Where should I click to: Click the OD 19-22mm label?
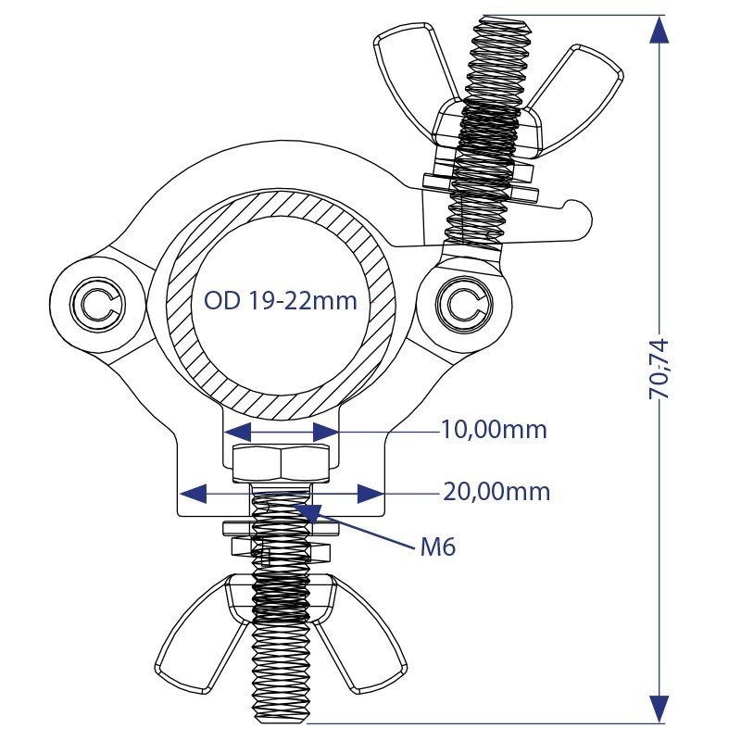tap(281, 300)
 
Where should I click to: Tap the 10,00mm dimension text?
tap(494, 430)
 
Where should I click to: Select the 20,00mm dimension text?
tap(496, 492)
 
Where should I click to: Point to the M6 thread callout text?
tap(438, 547)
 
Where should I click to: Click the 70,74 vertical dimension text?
tap(659, 369)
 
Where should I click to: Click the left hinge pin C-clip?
tap(98, 304)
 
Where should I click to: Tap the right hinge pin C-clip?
tap(465, 304)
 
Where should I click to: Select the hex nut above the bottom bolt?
tap(282, 463)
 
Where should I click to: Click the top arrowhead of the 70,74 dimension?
tap(659, 30)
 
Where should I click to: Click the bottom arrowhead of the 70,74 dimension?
tap(659, 709)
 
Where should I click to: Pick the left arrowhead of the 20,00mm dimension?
tap(194, 494)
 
